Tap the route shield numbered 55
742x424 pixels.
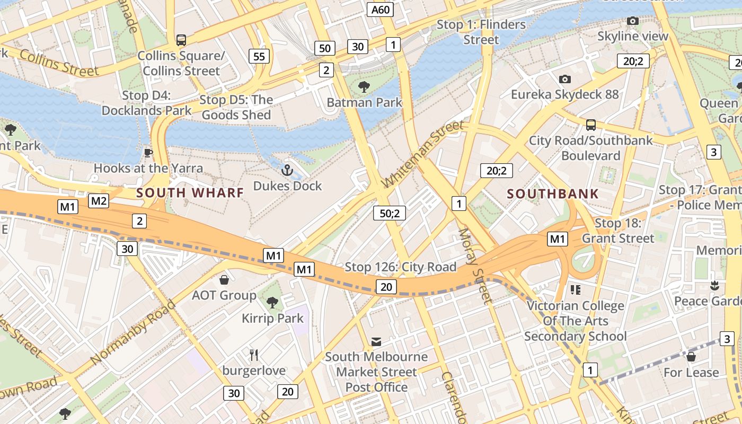tap(259, 56)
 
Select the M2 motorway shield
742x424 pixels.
tap(99, 200)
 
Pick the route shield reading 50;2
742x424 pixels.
tap(390, 213)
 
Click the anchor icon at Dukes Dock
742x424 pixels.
tap(287, 170)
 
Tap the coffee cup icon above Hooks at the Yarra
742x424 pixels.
tap(148, 153)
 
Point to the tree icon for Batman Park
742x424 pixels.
tap(364, 87)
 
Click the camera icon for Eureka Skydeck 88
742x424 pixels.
tap(565, 79)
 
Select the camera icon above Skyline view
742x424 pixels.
tap(632, 21)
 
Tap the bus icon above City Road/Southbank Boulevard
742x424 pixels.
tap(591, 125)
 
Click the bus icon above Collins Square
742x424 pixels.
tap(181, 40)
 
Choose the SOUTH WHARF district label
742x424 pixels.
tap(190, 193)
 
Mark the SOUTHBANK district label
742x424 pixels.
tap(553, 194)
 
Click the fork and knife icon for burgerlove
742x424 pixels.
tap(254, 355)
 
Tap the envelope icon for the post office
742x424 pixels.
tap(376, 341)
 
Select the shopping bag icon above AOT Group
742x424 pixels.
tap(224, 279)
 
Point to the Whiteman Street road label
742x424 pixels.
tap(422, 154)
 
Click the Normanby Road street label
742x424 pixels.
tap(133, 332)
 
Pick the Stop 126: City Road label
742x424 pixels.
tap(400, 267)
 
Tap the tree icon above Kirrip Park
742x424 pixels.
tap(272, 303)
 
